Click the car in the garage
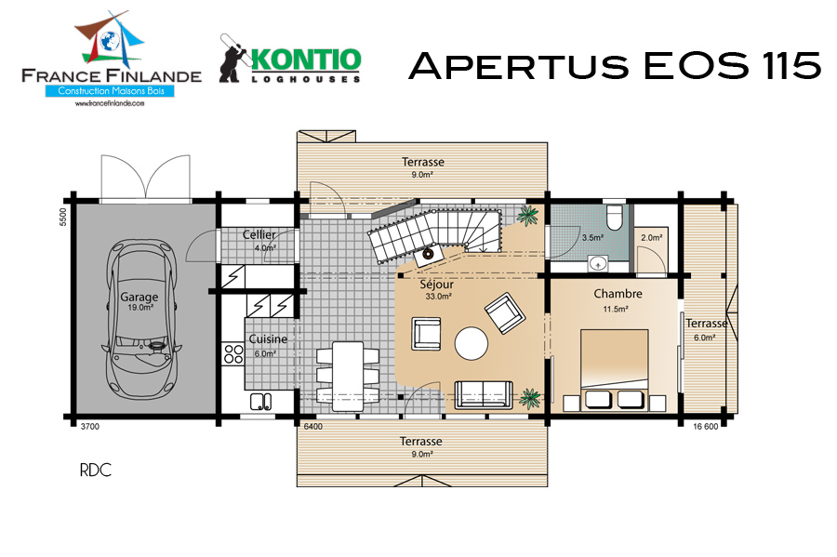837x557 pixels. click(x=141, y=319)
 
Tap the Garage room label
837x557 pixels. click(x=139, y=297)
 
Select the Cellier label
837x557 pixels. click(x=259, y=234)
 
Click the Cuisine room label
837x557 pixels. click(x=268, y=338)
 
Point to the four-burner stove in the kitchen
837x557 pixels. click(x=233, y=354)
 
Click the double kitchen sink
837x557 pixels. click(x=260, y=401)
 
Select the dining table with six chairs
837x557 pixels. click(x=348, y=376)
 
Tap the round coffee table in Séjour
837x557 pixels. click(x=471, y=343)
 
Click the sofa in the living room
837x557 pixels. click(x=483, y=395)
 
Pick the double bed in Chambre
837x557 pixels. click(x=615, y=369)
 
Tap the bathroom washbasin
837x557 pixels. click(x=598, y=263)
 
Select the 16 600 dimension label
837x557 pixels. click(x=706, y=426)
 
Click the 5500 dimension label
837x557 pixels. click(x=63, y=217)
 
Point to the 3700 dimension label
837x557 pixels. click(x=89, y=426)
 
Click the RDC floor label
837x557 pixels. click(x=96, y=470)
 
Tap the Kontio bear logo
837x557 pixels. click(x=233, y=59)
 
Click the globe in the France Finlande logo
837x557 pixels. click(x=111, y=40)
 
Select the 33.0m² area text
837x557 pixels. click(x=439, y=297)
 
